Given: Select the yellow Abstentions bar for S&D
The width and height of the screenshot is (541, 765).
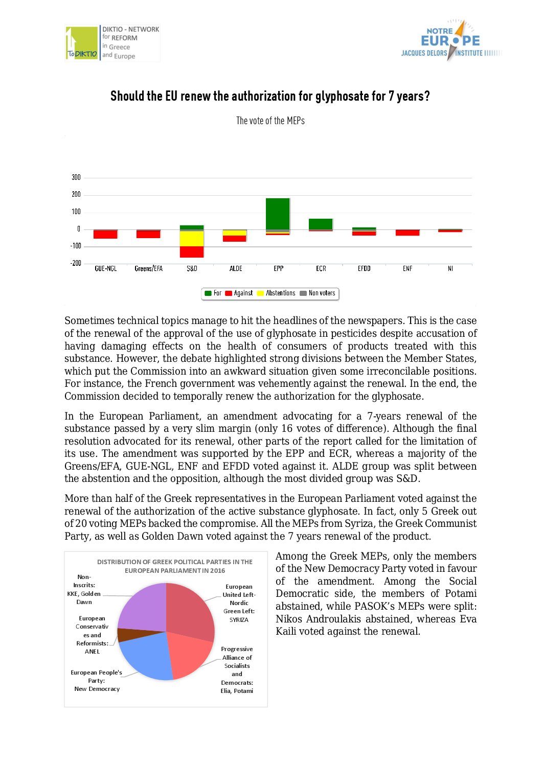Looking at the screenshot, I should coord(192,239).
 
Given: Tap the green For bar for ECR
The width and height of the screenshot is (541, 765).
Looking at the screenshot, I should coord(321,224).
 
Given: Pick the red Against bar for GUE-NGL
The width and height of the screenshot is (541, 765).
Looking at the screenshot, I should coord(105,235).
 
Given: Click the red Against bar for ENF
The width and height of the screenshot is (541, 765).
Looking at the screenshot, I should coord(408,233).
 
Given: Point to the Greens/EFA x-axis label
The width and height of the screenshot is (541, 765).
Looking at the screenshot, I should coord(148,269).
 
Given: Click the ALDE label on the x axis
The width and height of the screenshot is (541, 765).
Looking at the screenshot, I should coord(236,269).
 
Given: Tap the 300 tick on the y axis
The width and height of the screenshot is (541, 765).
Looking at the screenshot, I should coord(76,177).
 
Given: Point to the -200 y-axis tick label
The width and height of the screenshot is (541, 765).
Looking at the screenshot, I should coord(75,263).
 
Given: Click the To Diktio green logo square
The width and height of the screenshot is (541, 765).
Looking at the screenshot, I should coord(82,43).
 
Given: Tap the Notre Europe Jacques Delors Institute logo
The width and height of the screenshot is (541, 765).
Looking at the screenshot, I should coord(450,41).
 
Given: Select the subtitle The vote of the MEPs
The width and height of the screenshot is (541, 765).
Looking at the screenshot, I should coord(270,121).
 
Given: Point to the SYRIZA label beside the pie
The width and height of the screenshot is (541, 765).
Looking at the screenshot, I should coord(239,620).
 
